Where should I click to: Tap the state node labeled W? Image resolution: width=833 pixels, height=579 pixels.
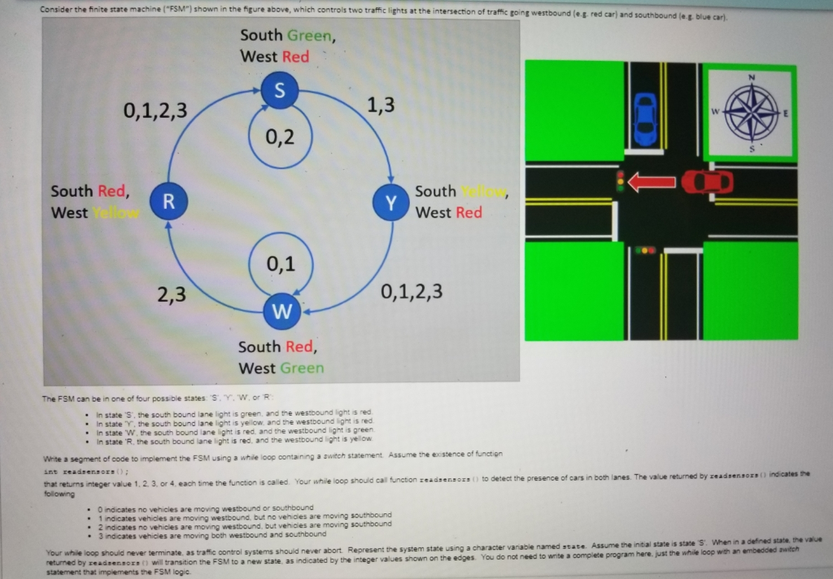coord(281,311)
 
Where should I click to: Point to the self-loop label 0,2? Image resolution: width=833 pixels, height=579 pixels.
coord(280,137)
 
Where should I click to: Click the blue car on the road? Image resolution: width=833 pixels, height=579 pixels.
coord(644,119)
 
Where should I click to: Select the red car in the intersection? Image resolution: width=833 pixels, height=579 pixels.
coord(707,182)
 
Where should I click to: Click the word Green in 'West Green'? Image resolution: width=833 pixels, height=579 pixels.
coord(302,368)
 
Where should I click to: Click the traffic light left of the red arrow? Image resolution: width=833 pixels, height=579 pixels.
coord(621,181)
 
